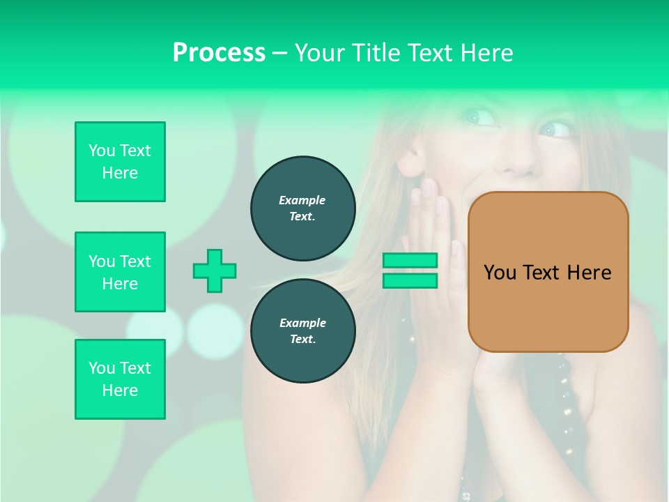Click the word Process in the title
pyautogui.click(x=219, y=53)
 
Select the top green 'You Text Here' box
pyautogui.click(x=120, y=162)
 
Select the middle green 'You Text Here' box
pyautogui.click(x=120, y=272)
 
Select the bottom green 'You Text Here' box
pyautogui.click(x=120, y=379)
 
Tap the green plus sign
pyautogui.click(x=215, y=271)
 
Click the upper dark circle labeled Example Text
pyautogui.click(x=303, y=208)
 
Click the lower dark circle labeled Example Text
pyautogui.click(x=303, y=330)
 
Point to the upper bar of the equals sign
pyautogui.click(x=410, y=260)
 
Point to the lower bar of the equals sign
pyautogui.click(x=410, y=280)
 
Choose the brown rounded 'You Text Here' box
pyautogui.click(x=548, y=272)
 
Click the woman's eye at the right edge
pyautogui.click(x=555, y=129)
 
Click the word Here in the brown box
pyautogui.click(x=589, y=273)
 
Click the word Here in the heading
pyautogui.click(x=486, y=53)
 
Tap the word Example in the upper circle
pyautogui.click(x=302, y=200)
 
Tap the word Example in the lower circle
pyautogui.click(x=302, y=323)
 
